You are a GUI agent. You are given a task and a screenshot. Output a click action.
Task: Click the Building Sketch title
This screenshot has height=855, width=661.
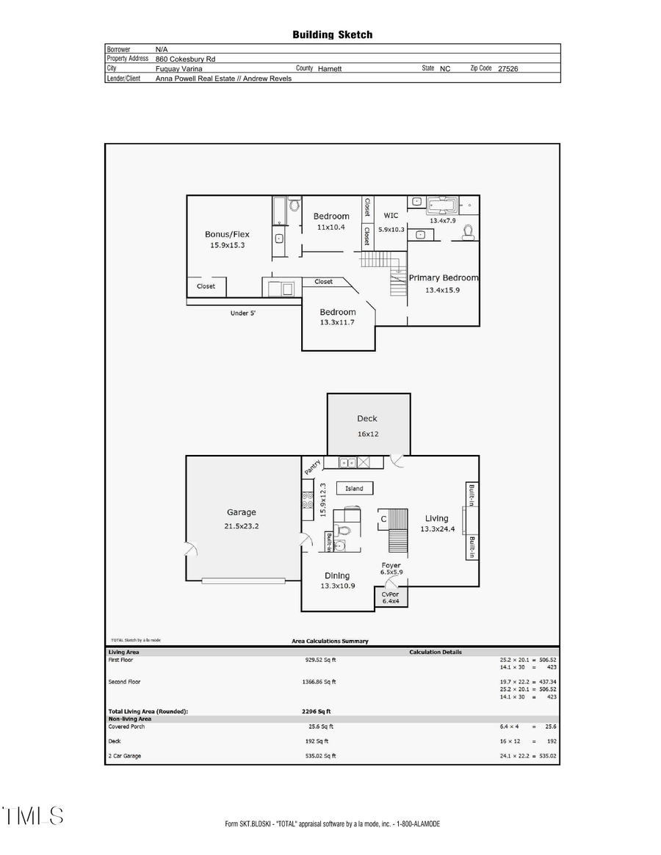coord(332,34)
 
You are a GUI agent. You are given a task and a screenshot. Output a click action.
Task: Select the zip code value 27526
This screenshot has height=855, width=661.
coord(509,68)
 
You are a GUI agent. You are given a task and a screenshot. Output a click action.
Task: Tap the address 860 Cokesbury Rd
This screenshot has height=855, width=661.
coord(185,59)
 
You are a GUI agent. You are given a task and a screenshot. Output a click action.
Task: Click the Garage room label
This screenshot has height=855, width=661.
coord(241,512)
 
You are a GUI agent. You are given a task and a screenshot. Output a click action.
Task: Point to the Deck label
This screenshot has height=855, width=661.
coord(367,418)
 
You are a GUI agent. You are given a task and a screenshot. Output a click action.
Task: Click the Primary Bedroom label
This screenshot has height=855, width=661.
coord(444,277)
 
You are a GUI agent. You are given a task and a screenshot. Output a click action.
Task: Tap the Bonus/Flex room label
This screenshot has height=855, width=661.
coord(227,234)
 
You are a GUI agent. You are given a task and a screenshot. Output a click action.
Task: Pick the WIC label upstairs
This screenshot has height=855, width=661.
coord(391,216)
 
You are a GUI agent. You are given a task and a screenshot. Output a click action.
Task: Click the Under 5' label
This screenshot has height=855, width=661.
coord(243,313)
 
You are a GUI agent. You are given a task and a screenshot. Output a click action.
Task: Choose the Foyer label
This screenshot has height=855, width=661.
coord(391,565)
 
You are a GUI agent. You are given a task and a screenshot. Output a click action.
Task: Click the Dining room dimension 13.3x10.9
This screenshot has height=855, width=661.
coord(337,586)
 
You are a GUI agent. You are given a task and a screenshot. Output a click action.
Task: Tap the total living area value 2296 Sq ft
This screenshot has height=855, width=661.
coord(311,711)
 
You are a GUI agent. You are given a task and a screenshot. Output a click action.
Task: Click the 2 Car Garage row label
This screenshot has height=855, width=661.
coord(125,756)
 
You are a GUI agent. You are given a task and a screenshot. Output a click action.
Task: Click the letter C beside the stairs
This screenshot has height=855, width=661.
coord(383,520)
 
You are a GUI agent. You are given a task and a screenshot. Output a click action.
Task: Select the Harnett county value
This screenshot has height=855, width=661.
coord(330,68)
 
